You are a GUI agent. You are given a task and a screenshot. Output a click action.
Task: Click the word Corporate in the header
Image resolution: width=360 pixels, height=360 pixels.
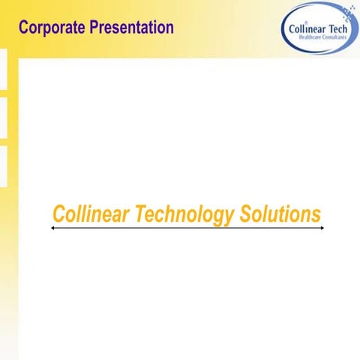tap(52, 28)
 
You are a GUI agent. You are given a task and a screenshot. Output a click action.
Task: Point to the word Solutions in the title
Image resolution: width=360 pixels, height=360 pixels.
tap(280, 214)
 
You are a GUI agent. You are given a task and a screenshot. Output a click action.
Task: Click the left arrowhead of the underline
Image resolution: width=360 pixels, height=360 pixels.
tap(52, 228)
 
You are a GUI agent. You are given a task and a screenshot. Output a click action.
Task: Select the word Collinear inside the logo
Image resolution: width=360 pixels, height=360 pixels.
tap(306, 29)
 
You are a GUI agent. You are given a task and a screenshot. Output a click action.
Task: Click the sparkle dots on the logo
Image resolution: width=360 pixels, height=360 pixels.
tap(347, 11)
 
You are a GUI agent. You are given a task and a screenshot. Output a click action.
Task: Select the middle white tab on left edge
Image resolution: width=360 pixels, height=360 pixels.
tap(3, 118)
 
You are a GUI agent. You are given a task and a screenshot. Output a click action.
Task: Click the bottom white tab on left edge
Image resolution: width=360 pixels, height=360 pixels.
tap(3, 166)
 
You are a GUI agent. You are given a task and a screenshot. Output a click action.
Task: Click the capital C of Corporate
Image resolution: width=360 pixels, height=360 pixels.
tap(24, 28)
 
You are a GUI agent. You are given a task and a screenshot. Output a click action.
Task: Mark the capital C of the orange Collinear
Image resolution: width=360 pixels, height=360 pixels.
tap(60, 214)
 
